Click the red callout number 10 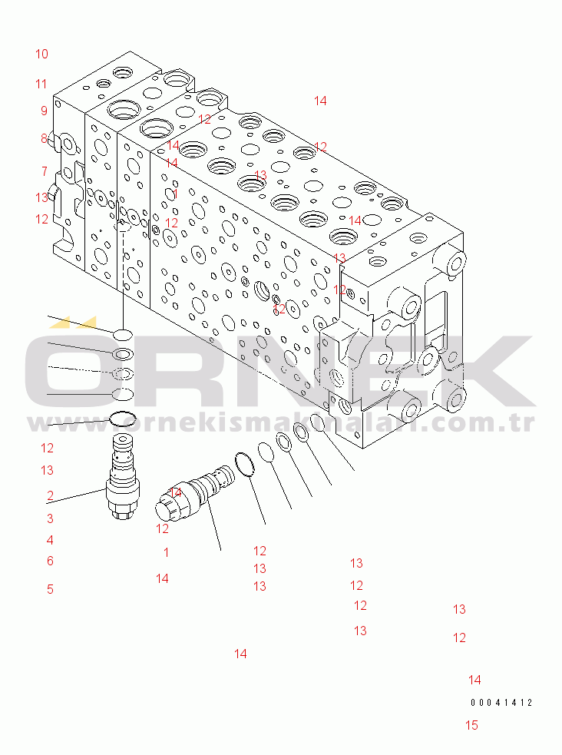41,54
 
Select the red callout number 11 41,84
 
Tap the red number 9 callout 45,111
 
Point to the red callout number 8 45,138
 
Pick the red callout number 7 45,171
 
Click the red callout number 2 50,495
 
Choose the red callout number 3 50,518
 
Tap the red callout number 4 50,540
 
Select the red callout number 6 50,561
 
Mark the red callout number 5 50,589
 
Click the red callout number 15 471,725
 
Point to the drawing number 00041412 501,702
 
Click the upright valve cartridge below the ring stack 123,480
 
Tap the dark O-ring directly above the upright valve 122,419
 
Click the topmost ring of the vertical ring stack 122,334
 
